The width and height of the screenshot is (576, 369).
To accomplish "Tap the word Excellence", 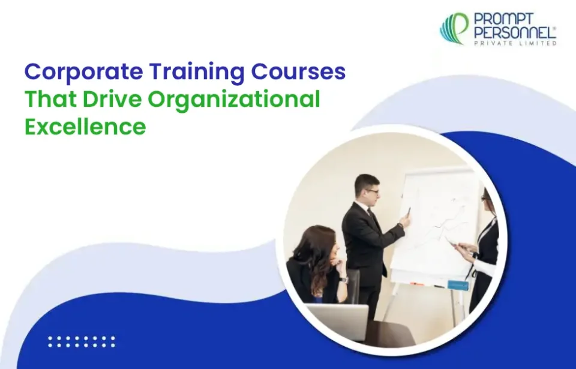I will coord(85,127).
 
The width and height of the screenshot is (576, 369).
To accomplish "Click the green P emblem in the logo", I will coord(455,29).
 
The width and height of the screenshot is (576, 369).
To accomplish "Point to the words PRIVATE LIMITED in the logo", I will coord(515,43).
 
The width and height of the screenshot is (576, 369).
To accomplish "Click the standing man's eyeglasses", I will coord(372,191).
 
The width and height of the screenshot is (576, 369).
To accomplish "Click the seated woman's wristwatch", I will coord(343,279).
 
